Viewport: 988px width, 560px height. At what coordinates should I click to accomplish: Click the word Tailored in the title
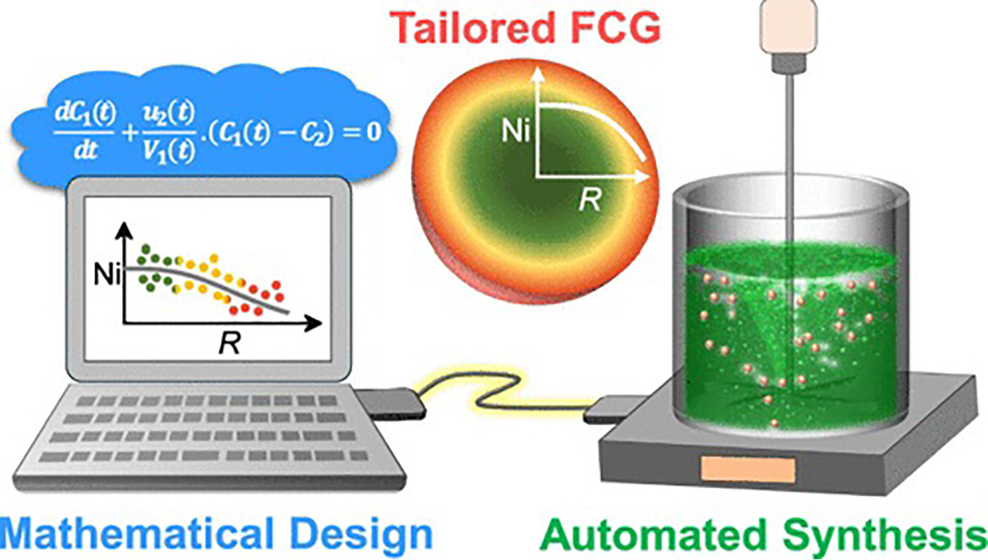[475, 27]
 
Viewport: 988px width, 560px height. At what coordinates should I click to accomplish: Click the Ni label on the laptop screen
[107, 275]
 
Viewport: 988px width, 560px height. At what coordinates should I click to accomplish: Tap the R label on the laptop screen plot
[229, 342]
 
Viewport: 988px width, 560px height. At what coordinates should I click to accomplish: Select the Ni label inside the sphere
[516, 131]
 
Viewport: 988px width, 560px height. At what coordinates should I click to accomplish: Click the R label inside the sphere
[590, 199]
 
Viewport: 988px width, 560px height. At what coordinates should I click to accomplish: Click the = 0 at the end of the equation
[364, 131]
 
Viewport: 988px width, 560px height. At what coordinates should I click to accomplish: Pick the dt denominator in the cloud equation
[86, 151]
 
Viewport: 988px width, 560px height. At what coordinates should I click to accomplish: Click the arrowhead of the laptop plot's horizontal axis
[313, 324]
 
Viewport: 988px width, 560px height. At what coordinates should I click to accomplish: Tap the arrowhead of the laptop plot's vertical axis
[126, 230]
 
